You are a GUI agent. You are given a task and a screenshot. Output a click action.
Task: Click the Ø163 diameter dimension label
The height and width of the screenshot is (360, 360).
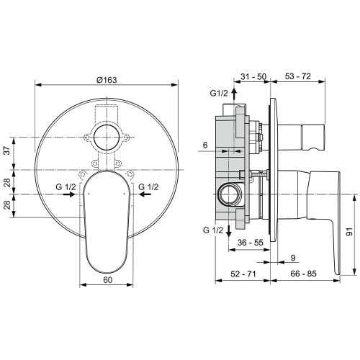(x=107, y=80)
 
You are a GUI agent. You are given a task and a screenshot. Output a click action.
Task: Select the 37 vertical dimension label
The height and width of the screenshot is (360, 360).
(x=8, y=150)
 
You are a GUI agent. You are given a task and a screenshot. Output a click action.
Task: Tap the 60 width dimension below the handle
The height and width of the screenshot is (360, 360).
(x=107, y=279)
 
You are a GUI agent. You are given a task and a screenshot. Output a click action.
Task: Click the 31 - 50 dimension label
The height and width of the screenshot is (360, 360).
(x=253, y=76)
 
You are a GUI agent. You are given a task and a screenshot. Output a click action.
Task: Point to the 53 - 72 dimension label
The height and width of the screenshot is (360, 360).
(x=298, y=76)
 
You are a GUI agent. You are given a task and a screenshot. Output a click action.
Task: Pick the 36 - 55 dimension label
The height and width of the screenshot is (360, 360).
(x=251, y=243)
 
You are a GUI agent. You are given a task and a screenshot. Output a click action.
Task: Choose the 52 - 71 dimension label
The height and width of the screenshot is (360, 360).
(x=243, y=274)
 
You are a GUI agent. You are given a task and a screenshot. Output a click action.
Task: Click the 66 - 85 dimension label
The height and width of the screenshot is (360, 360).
(x=304, y=274)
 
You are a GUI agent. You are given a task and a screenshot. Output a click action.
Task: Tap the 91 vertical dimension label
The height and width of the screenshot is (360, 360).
(x=350, y=232)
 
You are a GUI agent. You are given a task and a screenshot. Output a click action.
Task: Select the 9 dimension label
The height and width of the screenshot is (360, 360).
(x=293, y=258)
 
